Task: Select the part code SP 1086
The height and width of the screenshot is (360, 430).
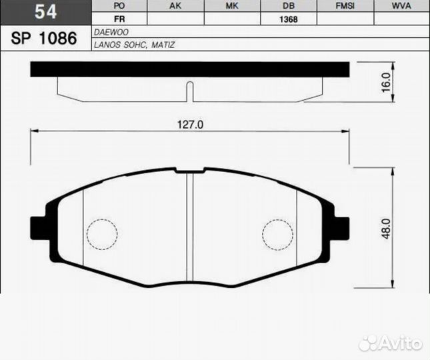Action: tap(44, 38)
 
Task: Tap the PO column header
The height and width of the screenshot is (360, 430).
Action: tap(120, 6)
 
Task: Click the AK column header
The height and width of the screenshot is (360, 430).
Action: tap(175, 6)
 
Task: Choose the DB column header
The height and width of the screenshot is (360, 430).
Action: tap(288, 6)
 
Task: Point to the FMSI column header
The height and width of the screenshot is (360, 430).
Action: tap(345, 6)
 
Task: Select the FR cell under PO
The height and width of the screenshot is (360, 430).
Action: tap(120, 19)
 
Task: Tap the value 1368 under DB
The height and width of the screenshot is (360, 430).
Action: tap(288, 19)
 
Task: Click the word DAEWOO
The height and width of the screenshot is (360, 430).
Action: tap(111, 32)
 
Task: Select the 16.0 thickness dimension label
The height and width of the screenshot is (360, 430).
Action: tap(386, 82)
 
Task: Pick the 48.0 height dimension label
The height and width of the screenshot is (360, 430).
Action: tap(386, 229)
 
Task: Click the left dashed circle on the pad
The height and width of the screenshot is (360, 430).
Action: tap(103, 233)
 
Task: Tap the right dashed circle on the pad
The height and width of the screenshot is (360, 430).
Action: tap(277, 233)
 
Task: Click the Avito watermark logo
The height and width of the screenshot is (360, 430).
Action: tap(391, 343)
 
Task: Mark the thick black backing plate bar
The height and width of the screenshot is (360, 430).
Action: tap(190, 69)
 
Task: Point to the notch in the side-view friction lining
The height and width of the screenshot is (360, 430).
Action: tap(190, 91)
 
